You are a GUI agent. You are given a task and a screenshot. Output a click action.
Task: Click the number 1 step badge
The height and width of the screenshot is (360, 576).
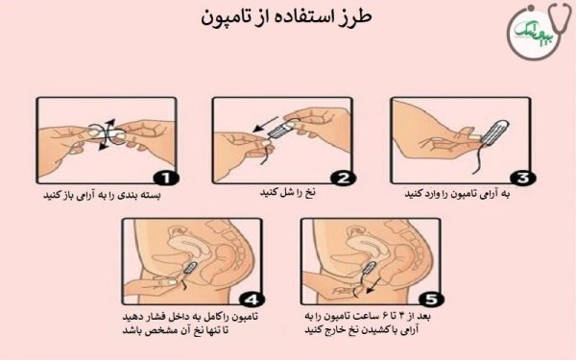tap(165, 178)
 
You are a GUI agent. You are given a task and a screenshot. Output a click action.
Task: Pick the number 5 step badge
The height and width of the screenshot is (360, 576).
tap(433, 299)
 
